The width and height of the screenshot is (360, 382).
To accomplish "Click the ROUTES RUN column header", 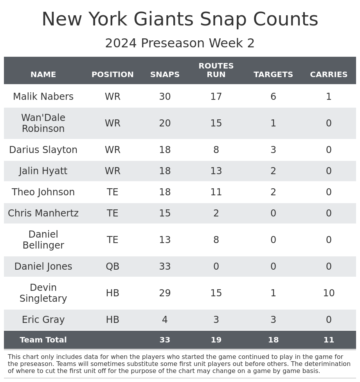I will click(x=216, y=70).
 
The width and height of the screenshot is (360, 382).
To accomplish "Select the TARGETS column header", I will click(x=273, y=75).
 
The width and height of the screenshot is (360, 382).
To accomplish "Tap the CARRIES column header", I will click(x=329, y=75).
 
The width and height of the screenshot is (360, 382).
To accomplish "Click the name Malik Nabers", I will click(x=43, y=97).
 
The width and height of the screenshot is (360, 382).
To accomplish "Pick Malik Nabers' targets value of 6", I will click(x=273, y=97).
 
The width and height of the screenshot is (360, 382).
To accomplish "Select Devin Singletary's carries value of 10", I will click(x=329, y=293).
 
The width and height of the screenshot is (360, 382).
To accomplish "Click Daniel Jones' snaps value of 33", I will click(x=165, y=267).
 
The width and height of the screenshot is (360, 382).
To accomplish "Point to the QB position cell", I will click(x=112, y=267).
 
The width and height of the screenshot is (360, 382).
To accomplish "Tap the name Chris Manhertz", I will click(x=43, y=213).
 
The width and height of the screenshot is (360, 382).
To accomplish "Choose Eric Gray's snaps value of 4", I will click(x=165, y=320).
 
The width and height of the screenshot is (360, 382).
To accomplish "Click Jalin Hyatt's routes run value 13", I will click(x=216, y=171).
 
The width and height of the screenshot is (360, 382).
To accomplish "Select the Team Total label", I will click(x=43, y=340).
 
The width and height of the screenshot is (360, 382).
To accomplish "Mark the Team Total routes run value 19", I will click(x=216, y=340).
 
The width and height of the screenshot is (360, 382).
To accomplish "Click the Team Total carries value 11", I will click(x=329, y=340).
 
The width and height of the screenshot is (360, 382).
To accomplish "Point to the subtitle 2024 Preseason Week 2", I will click(x=180, y=43).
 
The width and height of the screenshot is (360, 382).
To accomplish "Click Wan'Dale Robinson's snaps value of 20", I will click(x=165, y=123).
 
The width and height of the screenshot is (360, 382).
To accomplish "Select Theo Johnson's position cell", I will click(x=112, y=192).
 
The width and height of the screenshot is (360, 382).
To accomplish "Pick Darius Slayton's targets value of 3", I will click(x=273, y=150).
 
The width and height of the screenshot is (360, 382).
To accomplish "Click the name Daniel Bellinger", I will click(x=43, y=240).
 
